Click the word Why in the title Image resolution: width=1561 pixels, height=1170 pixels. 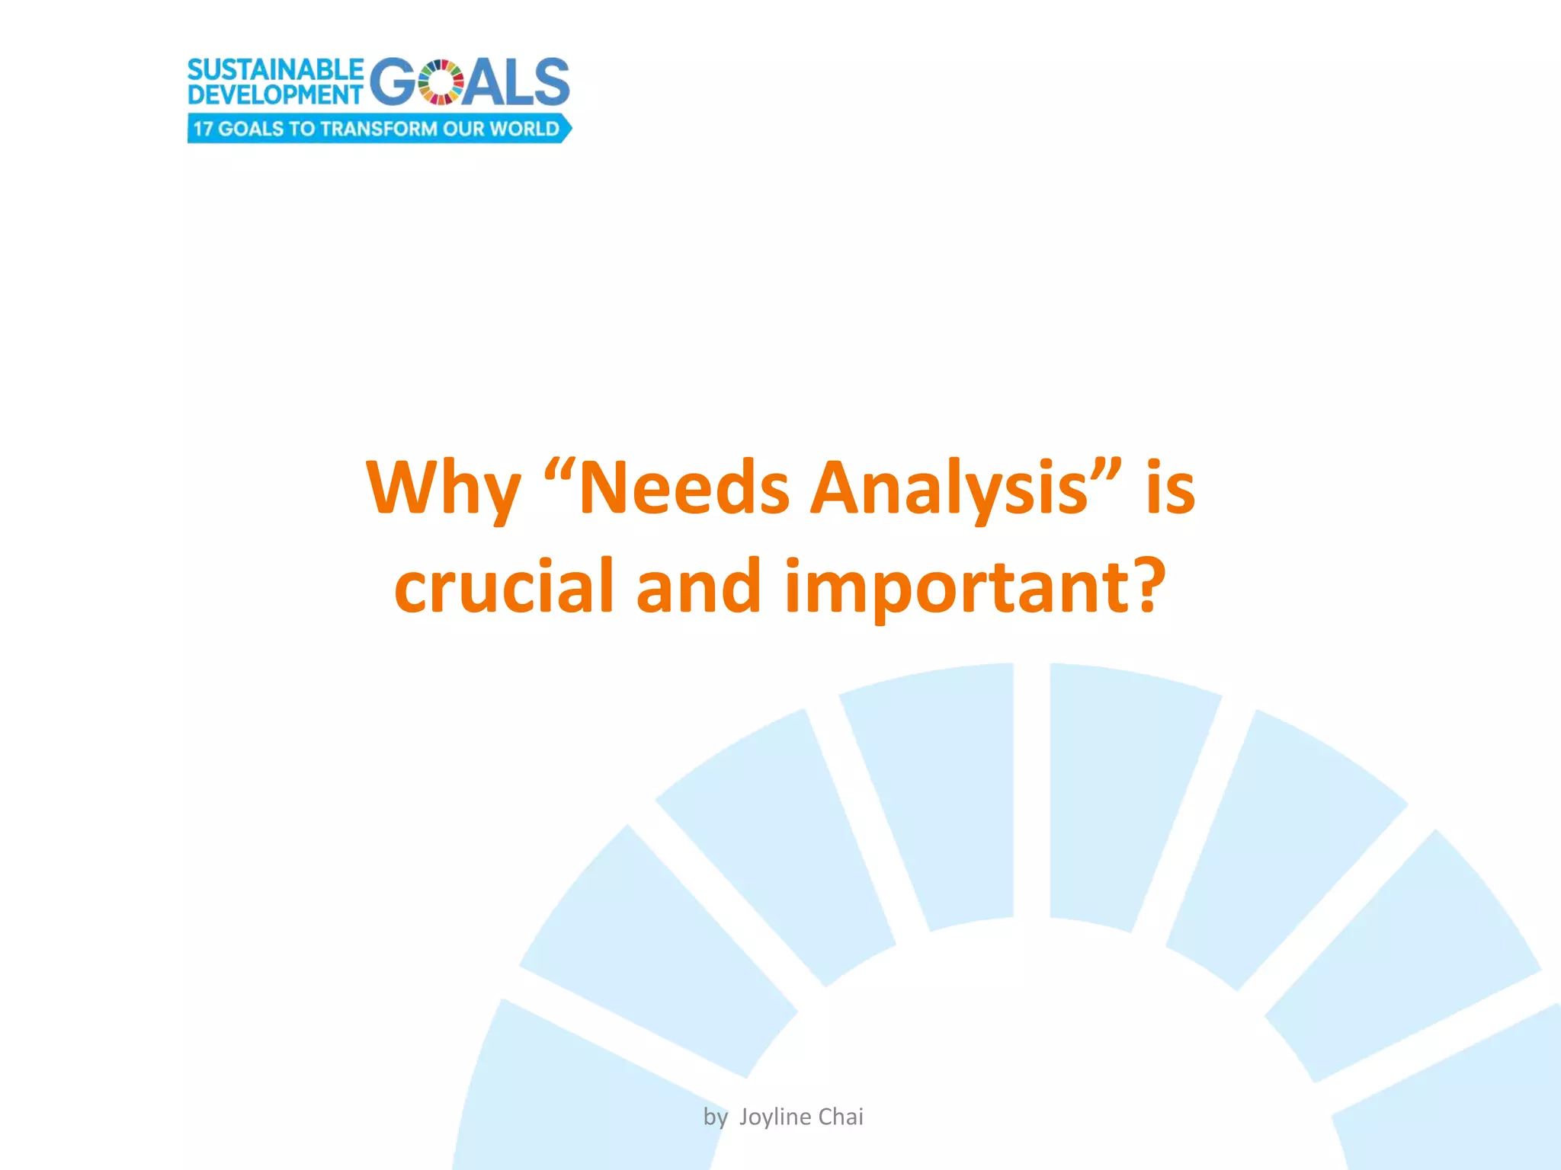(443, 489)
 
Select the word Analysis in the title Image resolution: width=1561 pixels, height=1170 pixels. (948, 489)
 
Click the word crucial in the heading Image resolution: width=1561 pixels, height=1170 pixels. (504, 587)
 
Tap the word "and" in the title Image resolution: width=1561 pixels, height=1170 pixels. (698, 587)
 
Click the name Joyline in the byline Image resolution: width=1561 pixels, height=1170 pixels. (774, 1117)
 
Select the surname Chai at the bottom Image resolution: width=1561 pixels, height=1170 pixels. (841, 1117)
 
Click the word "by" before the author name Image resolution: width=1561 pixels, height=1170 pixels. (715, 1117)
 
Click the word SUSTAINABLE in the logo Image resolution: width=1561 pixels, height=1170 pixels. (275, 70)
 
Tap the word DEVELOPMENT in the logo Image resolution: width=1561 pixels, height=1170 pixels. (274, 95)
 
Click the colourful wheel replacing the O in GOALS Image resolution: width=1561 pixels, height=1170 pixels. (441, 82)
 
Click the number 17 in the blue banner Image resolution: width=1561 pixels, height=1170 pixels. (202, 129)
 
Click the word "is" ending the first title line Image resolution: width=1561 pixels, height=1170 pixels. (1170, 489)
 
